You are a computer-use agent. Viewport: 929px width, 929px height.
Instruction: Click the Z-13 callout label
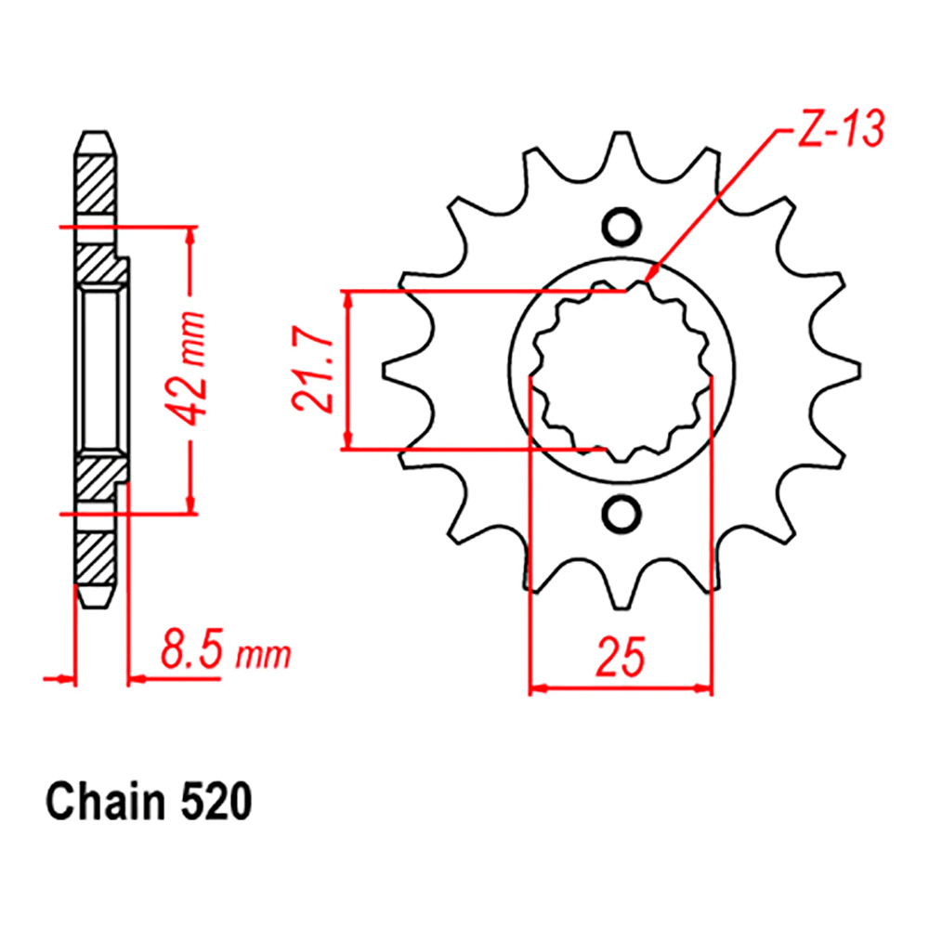pos(841,128)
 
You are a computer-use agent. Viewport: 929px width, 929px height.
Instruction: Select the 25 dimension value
pos(621,657)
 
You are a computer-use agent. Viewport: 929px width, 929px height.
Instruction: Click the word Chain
pos(106,803)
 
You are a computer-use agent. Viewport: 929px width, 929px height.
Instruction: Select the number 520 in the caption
pos(216,803)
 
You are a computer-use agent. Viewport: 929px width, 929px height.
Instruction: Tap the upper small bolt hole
pos(622,227)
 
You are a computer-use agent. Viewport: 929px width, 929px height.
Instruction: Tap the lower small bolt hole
pos(622,513)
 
